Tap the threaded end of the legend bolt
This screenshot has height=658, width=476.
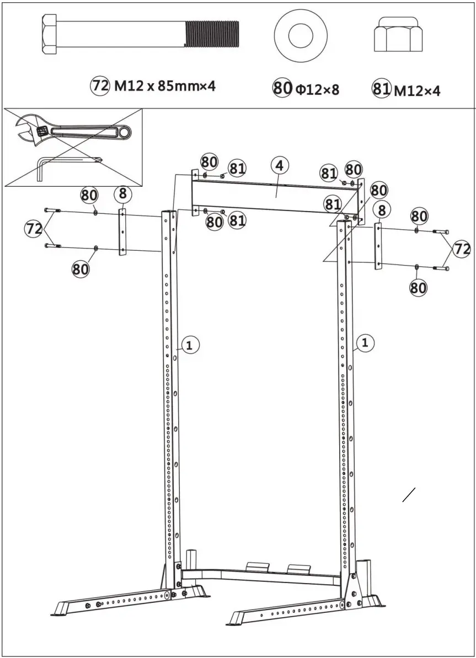(x=212, y=35)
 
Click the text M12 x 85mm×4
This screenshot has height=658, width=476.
(x=164, y=86)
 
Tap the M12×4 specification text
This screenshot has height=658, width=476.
(x=416, y=90)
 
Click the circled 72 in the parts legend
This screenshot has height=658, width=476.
(x=100, y=86)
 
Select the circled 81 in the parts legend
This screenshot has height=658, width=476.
(x=381, y=89)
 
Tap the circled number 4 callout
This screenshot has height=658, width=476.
(x=280, y=165)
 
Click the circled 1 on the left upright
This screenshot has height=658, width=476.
(x=189, y=346)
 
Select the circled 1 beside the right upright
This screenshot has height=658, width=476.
(x=365, y=343)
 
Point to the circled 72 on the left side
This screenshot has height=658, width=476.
(x=34, y=228)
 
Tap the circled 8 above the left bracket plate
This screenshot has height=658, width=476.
(x=122, y=195)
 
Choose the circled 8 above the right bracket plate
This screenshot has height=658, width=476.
(x=382, y=209)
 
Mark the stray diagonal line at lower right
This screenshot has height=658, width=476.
(x=409, y=495)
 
